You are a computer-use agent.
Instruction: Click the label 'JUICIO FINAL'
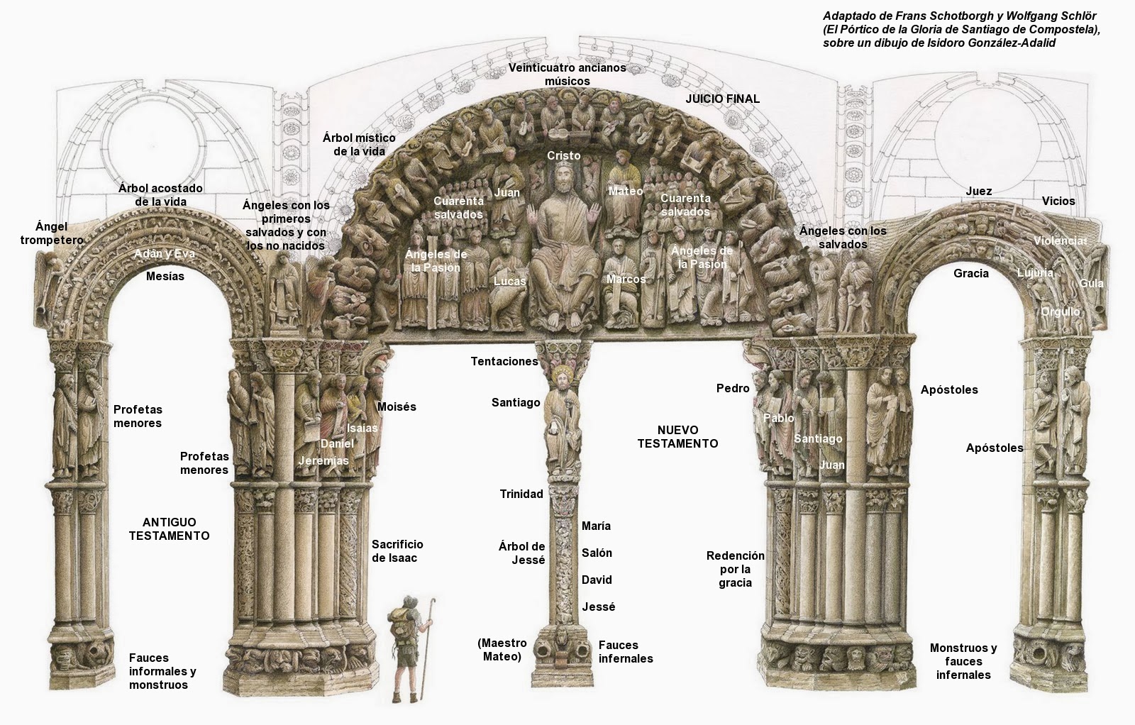click(722, 99)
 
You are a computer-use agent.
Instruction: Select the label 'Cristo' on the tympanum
click(563, 155)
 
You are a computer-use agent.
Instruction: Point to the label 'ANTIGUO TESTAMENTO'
click(169, 528)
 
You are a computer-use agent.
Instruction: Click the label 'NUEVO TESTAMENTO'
click(677, 436)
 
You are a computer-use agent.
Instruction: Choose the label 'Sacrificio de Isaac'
click(397, 550)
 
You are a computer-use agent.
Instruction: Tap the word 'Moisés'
click(397, 406)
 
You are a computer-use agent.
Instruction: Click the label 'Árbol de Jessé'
click(521, 553)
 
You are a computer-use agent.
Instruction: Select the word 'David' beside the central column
click(597, 580)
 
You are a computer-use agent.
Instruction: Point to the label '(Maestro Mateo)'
click(502, 649)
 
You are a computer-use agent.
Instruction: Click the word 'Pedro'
click(733, 388)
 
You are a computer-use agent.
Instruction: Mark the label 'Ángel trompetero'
click(51, 233)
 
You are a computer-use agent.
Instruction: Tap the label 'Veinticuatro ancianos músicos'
click(567, 74)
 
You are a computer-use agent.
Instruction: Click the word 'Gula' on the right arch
click(1091, 283)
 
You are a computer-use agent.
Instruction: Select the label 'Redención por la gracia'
click(735, 569)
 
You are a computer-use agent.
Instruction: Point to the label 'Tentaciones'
click(504, 361)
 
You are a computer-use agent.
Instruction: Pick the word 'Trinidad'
click(521, 494)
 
